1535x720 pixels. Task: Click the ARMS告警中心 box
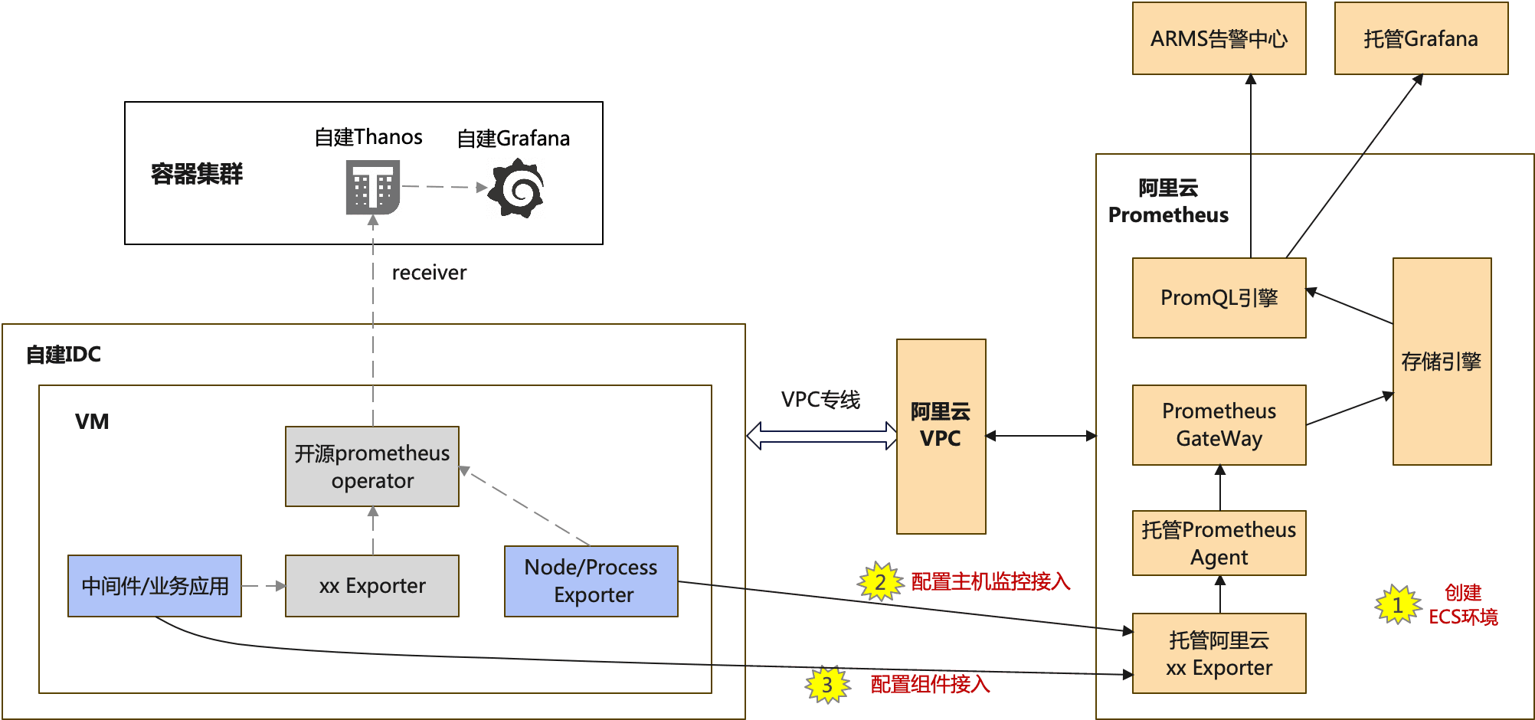1219,38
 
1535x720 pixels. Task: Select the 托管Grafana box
1421,38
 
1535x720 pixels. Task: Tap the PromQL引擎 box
1219,298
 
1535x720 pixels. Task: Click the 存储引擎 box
1442,362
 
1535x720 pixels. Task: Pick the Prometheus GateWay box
1219,425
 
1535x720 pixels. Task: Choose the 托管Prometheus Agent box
1219,543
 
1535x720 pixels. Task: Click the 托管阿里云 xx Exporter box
1219,653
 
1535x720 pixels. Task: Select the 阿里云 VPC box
941,436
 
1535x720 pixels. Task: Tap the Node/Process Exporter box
591,581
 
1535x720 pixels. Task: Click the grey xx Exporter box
372,586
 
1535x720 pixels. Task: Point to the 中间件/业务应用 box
155,586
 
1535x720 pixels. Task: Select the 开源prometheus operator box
372,466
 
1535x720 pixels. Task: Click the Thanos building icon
373,187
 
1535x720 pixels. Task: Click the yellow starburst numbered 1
1398,605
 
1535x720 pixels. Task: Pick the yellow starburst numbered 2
880,582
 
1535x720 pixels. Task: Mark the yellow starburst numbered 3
827,685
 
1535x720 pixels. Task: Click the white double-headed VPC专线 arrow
822,435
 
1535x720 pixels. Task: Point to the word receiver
429,273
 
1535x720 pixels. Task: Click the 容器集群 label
197,174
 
